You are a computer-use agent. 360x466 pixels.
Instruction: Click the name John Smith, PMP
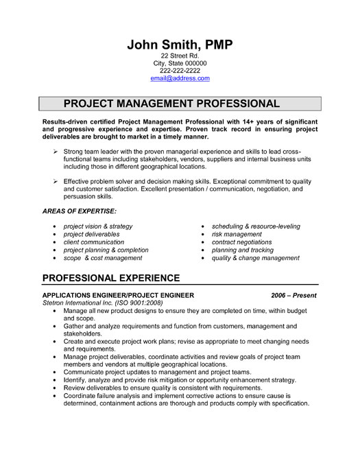click(x=180, y=45)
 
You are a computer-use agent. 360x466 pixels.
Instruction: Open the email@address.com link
click(x=180, y=78)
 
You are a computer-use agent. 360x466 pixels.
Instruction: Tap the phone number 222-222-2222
click(x=180, y=71)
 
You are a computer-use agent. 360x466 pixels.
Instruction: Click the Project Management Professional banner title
click(x=171, y=104)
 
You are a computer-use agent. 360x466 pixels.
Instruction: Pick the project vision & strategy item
click(x=97, y=226)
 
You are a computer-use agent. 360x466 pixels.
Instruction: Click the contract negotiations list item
click(x=242, y=242)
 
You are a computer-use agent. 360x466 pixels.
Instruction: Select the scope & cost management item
click(x=103, y=258)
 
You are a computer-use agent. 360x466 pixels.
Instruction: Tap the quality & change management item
click(x=256, y=258)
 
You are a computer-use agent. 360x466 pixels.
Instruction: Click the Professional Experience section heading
click(x=111, y=278)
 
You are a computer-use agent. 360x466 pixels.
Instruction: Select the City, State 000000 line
click(x=180, y=63)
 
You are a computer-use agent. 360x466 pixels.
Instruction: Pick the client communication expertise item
click(x=93, y=242)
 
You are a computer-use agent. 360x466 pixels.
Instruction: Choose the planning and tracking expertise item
click(x=242, y=251)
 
